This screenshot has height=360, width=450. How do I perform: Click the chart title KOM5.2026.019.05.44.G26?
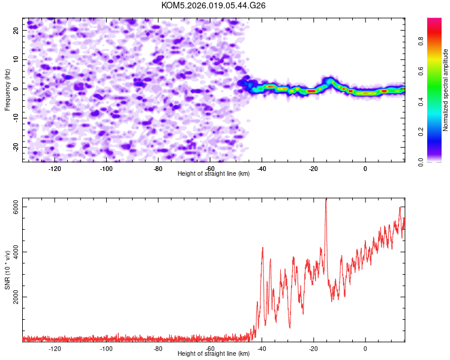click(x=214, y=5)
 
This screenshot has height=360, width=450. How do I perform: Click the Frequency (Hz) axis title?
click(x=7, y=89)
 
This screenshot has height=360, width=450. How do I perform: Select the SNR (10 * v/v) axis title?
click(x=7, y=271)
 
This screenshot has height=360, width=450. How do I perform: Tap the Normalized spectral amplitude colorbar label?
click(x=446, y=90)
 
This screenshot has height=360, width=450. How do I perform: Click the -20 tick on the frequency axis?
click(x=15, y=147)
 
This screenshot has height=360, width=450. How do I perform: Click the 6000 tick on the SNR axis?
click(x=16, y=207)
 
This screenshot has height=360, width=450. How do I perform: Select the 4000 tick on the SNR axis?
click(x=16, y=251)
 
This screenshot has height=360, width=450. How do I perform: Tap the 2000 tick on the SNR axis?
click(x=16, y=296)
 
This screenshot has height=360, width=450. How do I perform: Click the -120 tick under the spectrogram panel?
click(x=55, y=169)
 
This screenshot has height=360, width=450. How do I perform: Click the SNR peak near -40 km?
click(x=262, y=248)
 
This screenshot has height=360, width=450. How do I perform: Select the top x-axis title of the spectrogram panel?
click(x=214, y=173)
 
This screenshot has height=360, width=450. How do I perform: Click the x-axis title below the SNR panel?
click(x=214, y=354)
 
